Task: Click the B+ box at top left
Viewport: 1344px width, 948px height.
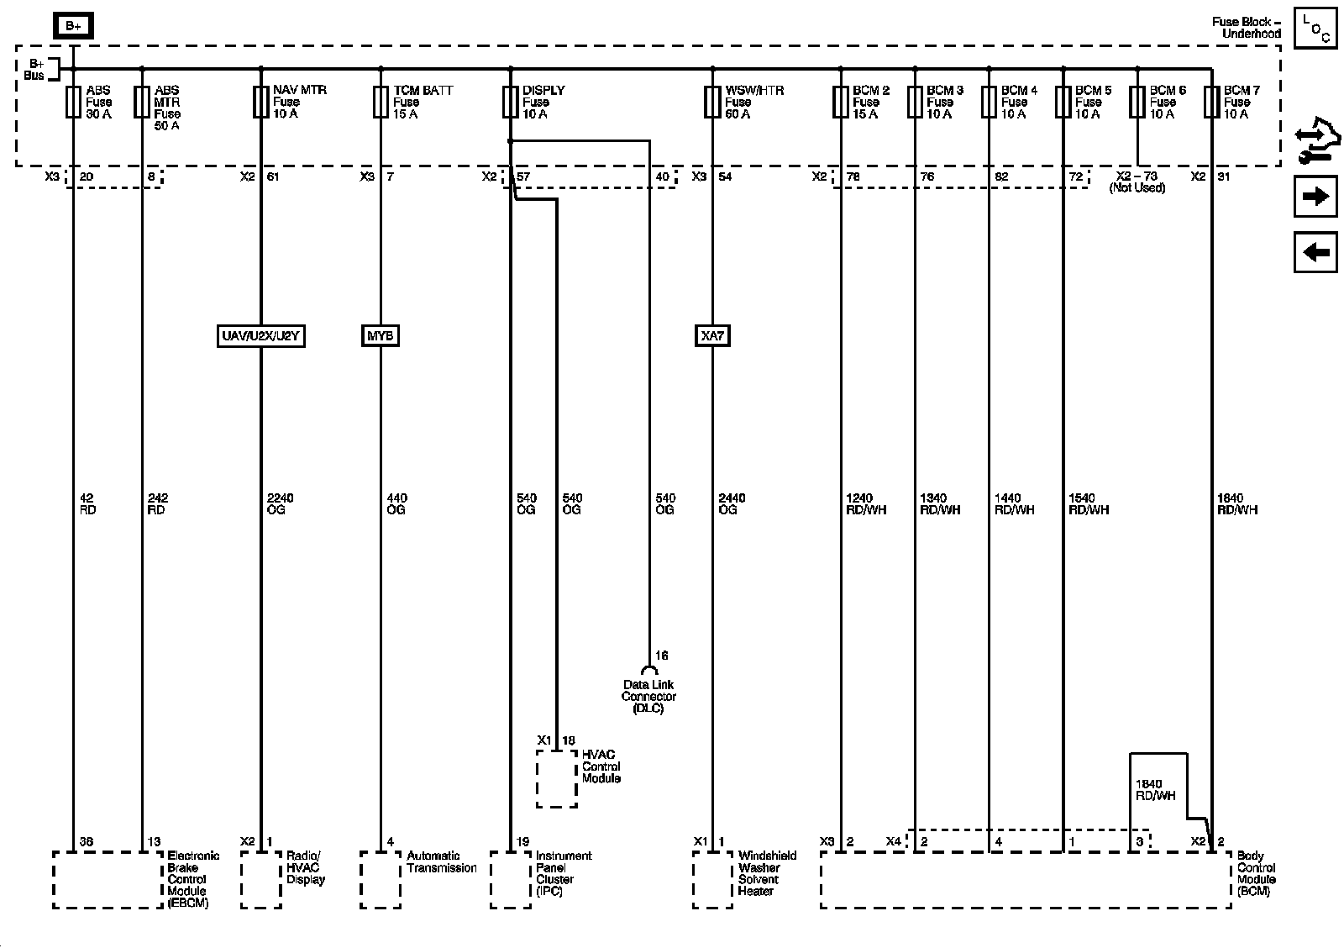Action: [x=74, y=26]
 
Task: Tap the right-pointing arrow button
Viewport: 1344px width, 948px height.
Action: [x=1315, y=197]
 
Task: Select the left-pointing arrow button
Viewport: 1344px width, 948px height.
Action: [x=1315, y=251]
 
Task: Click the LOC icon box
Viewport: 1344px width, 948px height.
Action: [x=1315, y=29]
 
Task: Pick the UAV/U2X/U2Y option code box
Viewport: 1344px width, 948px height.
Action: [x=260, y=336]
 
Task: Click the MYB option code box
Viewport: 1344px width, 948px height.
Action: [x=380, y=336]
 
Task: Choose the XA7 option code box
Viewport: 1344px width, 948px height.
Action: [x=712, y=336]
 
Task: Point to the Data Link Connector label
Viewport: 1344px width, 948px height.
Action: [x=648, y=697]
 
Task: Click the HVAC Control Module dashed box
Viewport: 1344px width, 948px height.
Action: [x=557, y=778]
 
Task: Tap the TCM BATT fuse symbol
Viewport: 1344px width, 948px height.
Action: [x=381, y=102]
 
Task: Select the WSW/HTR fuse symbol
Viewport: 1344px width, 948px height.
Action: [x=712, y=102]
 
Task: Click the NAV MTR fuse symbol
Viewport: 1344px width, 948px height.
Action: [x=260, y=102]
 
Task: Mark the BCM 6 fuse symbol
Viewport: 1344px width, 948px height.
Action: [x=1137, y=102]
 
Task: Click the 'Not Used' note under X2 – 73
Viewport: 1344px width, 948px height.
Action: [x=1137, y=188]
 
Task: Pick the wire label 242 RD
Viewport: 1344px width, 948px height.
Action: [x=157, y=504]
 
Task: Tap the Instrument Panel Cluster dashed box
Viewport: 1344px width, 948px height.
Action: [x=511, y=879]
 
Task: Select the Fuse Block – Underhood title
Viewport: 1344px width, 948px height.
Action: [x=1246, y=28]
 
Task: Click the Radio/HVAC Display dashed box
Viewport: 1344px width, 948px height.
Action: [x=261, y=879]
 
